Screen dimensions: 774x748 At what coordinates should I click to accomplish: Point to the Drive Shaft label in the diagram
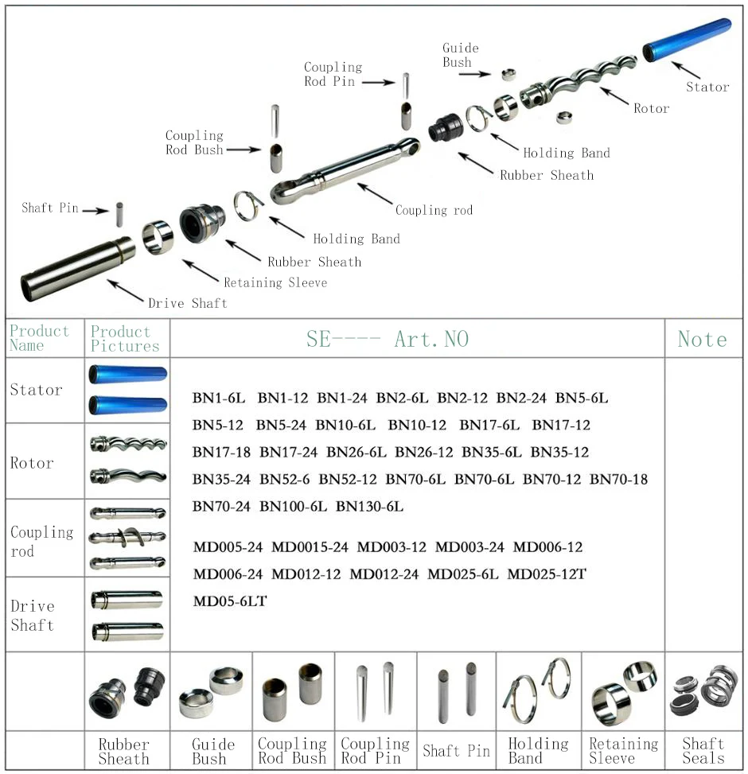coord(187,303)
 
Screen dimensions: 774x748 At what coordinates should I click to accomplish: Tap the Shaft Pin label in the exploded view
coord(49,208)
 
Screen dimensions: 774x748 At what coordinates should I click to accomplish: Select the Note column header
coord(702,339)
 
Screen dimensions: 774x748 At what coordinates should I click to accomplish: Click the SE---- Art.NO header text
coord(388,339)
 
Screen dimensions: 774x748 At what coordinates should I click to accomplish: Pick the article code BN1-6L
coord(219,398)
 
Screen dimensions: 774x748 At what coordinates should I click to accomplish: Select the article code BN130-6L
coord(369,507)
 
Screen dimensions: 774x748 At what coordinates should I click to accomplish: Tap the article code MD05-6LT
coord(230,601)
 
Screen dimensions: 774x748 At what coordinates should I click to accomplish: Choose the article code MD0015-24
coord(310,547)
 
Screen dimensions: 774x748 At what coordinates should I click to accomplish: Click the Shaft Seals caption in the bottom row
coord(703,751)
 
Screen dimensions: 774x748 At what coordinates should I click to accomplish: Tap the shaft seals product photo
coord(703,690)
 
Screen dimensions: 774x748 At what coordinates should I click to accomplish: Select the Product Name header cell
coord(39,338)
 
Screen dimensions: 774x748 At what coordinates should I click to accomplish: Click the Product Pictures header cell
coord(125,338)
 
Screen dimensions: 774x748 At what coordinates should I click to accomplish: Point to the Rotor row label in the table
coord(32,463)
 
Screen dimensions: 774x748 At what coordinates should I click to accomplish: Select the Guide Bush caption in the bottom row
coord(212,751)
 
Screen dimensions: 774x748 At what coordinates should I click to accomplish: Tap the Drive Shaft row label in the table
coord(33,616)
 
